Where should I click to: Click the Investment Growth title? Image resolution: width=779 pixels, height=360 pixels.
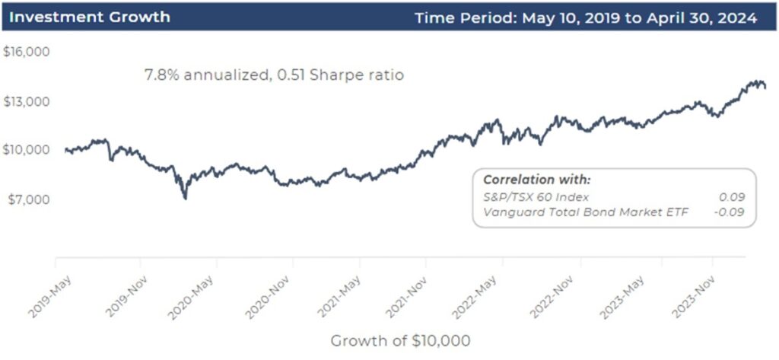89,17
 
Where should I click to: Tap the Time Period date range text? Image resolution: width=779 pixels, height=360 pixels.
586,17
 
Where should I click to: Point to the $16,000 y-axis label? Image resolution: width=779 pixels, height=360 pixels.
27,53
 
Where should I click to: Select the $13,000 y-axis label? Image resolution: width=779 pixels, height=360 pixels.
27,101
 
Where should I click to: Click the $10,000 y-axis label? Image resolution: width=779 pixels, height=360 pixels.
27,150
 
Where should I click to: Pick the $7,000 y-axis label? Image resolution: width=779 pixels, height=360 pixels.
27,199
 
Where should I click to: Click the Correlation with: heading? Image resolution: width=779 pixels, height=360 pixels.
536,180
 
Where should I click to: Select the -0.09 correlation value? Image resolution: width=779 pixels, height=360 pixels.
731,212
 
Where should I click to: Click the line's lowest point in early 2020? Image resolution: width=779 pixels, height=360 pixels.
185,198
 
